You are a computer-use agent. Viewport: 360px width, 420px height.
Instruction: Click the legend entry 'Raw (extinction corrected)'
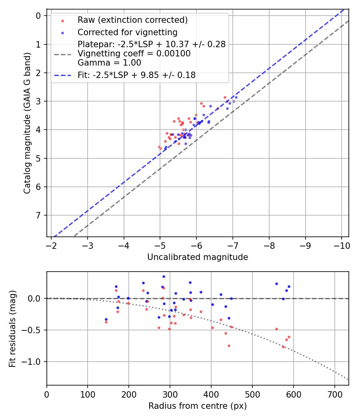tap(132, 20)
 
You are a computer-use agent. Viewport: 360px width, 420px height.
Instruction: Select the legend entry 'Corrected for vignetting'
tap(128, 32)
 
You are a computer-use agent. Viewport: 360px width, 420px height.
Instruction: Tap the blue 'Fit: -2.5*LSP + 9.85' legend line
tap(62, 75)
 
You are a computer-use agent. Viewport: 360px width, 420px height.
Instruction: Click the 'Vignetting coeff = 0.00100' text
tap(134, 54)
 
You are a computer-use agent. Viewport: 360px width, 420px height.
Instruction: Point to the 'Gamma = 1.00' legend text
tap(109, 63)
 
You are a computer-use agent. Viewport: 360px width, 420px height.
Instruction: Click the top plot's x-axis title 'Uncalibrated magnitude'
tap(198, 257)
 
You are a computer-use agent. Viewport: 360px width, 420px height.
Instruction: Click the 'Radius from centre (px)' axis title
tap(198, 406)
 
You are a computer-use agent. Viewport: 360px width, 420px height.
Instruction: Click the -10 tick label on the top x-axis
tap(341, 245)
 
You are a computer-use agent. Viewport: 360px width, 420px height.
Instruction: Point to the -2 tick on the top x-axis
tap(51, 245)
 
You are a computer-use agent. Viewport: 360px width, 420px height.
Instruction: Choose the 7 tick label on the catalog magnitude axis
tap(39, 216)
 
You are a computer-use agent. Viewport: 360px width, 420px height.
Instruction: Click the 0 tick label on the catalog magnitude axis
tap(39, 16)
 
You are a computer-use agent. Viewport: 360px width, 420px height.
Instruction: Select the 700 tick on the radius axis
tap(334, 394)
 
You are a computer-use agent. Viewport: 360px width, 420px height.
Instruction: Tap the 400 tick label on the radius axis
tap(211, 394)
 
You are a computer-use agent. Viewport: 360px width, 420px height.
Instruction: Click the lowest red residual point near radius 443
tap(229, 346)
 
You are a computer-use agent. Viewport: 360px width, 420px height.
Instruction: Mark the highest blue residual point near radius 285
tap(164, 276)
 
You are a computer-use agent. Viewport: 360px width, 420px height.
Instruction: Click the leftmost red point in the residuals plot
tap(106, 322)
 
